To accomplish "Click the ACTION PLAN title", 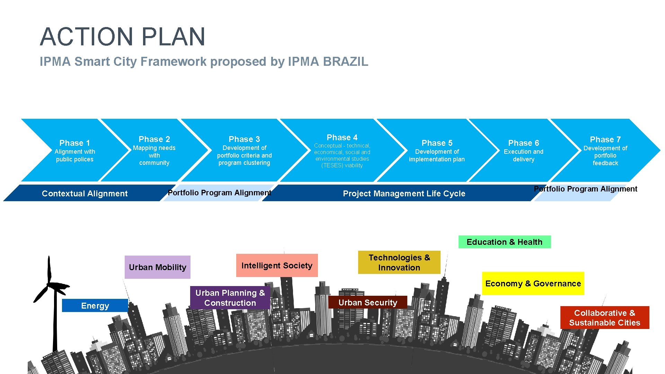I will pyautogui.click(x=123, y=36).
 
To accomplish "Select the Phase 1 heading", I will pyautogui.click(x=74, y=143).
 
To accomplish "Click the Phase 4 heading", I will pyautogui.click(x=342, y=137).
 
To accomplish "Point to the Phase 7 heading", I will pyautogui.click(x=605, y=140).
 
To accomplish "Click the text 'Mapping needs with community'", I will pyautogui.click(x=154, y=155).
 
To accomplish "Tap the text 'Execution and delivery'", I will pyautogui.click(x=523, y=155).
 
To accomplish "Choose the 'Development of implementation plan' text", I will pyautogui.click(x=437, y=155).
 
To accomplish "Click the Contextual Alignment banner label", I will pyautogui.click(x=85, y=194).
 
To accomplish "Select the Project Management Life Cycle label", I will pyautogui.click(x=404, y=194).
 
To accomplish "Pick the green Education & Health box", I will pyautogui.click(x=504, y=242).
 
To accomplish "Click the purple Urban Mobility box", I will pyautogui.click(x=157, y=267).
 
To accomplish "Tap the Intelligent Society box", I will pyautogui.click(x=277, y=266).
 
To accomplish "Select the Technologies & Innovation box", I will pyautogui.click(x=399, y=262).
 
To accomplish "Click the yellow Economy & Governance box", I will pyautogui.click(x=533, y=284).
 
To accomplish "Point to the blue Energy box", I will pyautogui.click(x=95, y=305).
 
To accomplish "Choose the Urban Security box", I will pyautogui.click(x=367, y=302).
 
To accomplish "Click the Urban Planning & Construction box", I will pyautogui.click(x=230, y=298).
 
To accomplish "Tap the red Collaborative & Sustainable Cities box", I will pyautogui.click(x=604, y=318).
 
